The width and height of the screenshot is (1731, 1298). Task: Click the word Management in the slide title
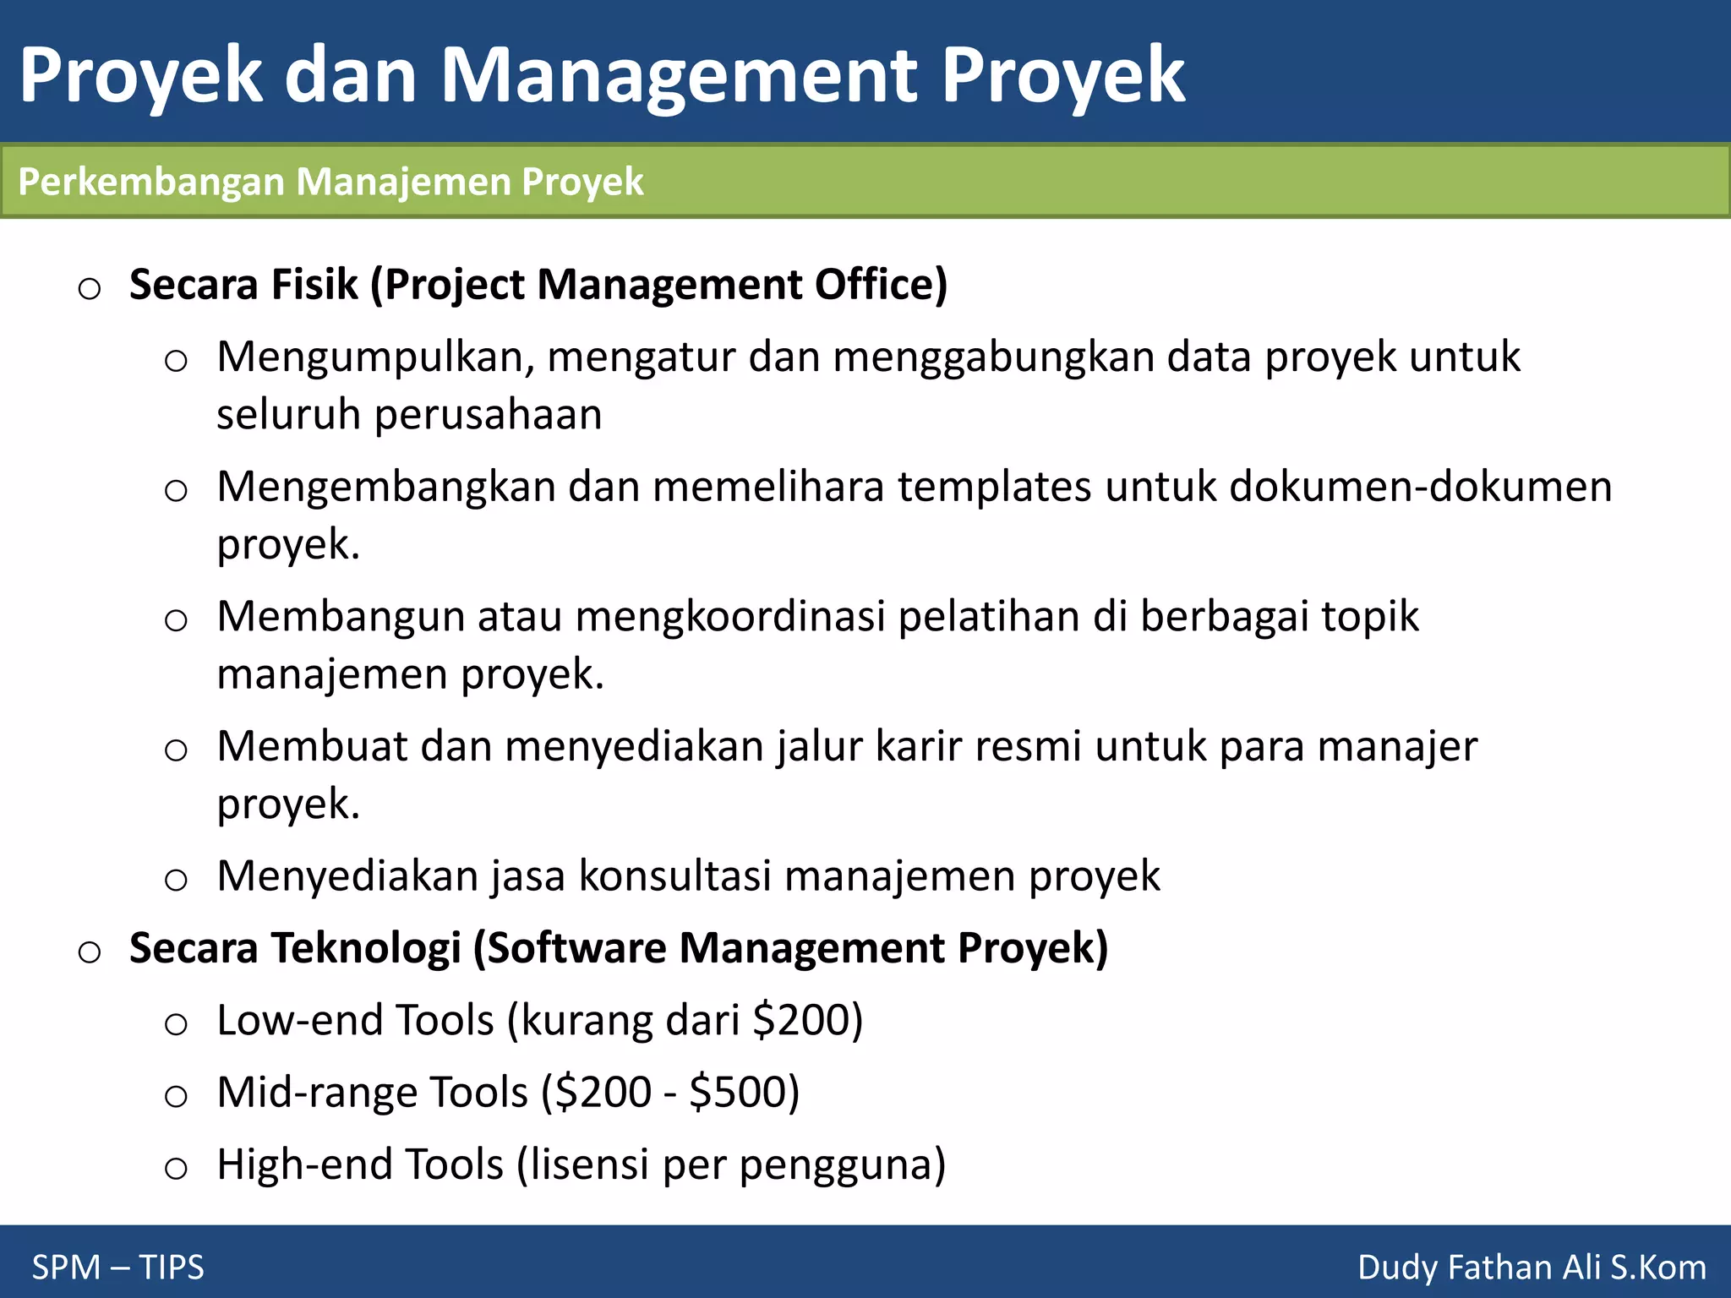[x=679, y=76]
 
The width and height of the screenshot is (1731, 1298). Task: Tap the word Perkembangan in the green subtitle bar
[x=151, y=182]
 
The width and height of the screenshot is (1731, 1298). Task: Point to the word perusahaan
[x=488, y=415]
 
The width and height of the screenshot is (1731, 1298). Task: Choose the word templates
[x=994, y=488]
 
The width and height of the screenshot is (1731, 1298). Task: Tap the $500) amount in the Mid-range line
[x=744, y=1093]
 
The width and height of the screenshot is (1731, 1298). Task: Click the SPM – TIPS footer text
[x=118, y=1268]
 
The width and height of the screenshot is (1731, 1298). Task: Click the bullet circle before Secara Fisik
[x=90, y=289]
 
